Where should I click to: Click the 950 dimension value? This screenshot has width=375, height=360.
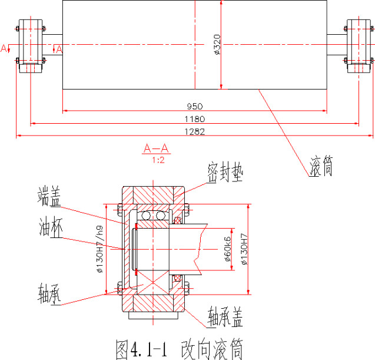pos(195,107)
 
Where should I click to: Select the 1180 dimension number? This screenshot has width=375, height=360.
pos(195,120)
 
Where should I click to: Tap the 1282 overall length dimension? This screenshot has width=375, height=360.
pos(195,131)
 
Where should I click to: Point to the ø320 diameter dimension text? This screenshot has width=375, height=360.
pos(217,44)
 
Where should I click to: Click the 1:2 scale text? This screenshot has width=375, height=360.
pos(157,159)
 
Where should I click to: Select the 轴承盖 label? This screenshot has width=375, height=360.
pos(226,317)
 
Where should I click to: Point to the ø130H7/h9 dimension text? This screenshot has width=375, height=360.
pos(98,248)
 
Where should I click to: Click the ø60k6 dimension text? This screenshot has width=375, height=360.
pos(228,248)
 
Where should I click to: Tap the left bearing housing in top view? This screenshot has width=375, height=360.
pos(31,46)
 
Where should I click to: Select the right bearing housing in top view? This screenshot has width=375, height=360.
pos(359,46)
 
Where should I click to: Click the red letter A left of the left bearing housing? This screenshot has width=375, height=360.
pos(5,47)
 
